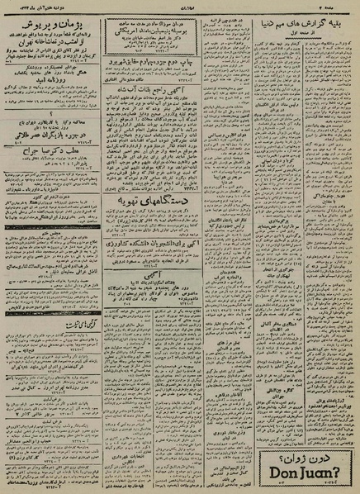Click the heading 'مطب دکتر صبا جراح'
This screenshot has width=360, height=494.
click(x=48, y=154)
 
